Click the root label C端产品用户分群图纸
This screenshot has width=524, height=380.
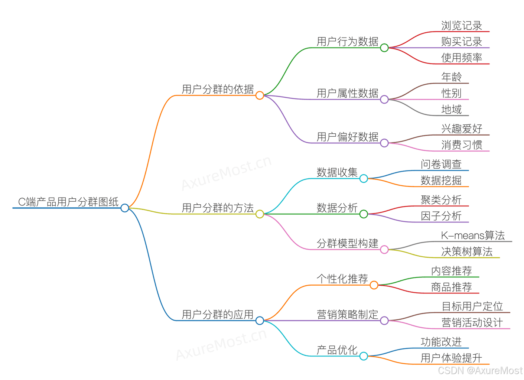click(68, 202)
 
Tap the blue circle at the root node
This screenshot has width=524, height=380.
click(125, 208)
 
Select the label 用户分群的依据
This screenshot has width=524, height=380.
click(218, 89)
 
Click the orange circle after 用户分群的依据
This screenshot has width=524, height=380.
click(260, 95)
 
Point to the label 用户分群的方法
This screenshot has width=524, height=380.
click(218, 208)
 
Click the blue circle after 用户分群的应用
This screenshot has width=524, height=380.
click(260, 321)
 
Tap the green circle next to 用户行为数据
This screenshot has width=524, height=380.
click(384, 48)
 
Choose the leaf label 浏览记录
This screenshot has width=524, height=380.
click(462, 26)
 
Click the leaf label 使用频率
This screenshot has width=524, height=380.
click(462, 58)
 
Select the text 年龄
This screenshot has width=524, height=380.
click(451, 77)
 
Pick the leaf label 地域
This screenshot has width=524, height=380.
click(451, 109)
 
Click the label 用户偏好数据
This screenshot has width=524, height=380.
click(347, 137)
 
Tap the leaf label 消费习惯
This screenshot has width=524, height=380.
click(462, 145)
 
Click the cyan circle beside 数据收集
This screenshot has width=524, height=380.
click(364, 179)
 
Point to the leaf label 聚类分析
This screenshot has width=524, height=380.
click(441, 200)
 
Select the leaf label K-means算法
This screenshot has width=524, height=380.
click(472, 235)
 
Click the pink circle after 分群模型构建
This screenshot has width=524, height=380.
click(384, 250)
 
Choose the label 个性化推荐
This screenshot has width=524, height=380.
click(342, 279)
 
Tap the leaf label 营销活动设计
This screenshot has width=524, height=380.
click(472, 322)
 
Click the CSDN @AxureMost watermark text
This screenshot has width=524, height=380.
click(480, 370)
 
